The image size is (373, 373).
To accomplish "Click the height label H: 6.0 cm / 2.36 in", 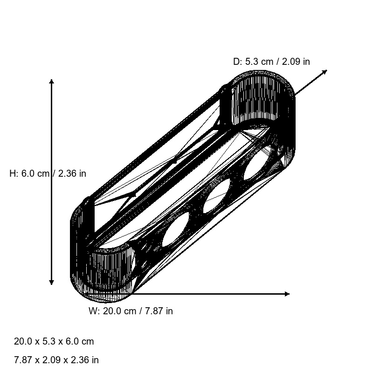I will tap(48, 173).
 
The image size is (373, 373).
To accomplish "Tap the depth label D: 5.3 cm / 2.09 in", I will tap(271, 62).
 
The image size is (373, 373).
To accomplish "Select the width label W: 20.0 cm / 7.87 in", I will tap(131, 311).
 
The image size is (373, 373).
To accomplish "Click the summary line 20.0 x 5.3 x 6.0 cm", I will tap(54, 341).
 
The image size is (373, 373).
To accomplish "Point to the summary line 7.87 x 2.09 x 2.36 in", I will tap(56, 360).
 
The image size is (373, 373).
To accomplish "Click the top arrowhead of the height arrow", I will tap(51, 82).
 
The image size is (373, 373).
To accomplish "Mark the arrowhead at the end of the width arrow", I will tap(287, 294).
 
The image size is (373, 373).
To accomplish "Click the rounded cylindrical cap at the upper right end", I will tap(263, 100).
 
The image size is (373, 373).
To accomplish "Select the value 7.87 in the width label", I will tap(151, 311).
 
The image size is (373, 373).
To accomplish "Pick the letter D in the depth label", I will tap(236, 62).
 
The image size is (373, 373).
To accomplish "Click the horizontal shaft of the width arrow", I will tap(210, 294).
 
